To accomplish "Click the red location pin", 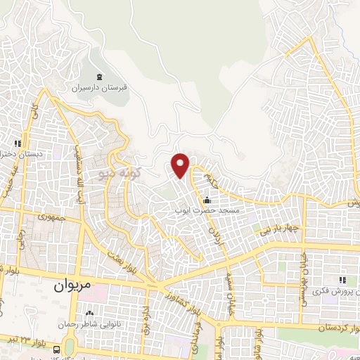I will tap(181, 164).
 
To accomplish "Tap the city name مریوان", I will tap(72, 287).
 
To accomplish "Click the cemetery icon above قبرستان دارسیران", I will tap(98, 77).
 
